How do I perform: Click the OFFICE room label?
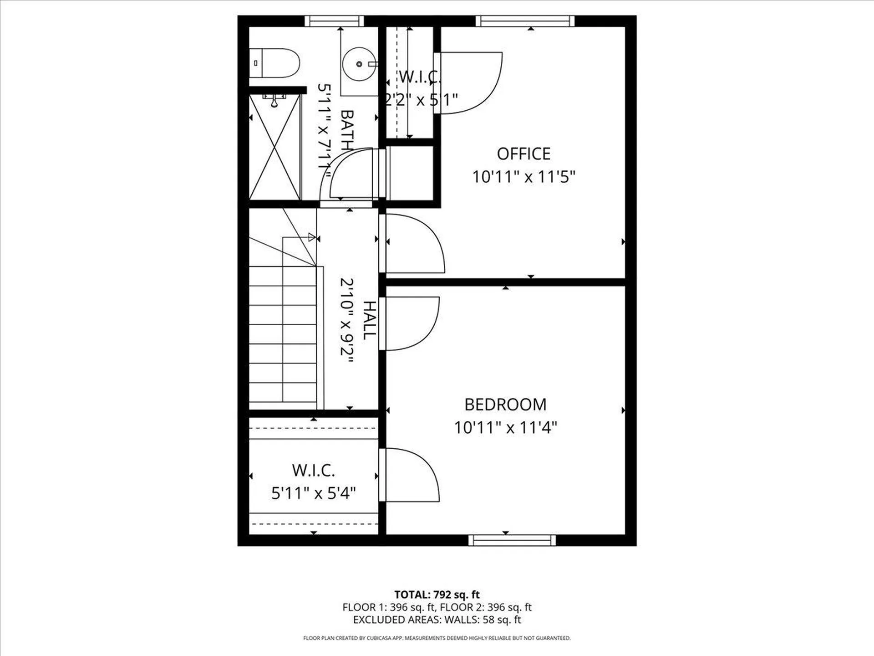point(523,154)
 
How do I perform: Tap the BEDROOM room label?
point(505,405)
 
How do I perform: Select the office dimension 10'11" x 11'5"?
point(523,177)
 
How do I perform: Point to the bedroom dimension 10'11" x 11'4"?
point(505,428)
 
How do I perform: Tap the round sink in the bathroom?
point(359,64)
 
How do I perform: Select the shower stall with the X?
point(275,147)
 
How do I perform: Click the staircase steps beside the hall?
point(282,337)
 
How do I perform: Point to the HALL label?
point(370,320)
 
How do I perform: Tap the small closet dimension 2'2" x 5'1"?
point(421,99)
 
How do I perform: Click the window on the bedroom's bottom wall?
point(512,540)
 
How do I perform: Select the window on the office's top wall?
point(525,21)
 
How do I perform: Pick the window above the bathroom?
point(334,21)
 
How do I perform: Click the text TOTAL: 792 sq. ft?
point(437,594)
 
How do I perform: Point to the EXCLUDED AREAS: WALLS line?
point(437,620)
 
